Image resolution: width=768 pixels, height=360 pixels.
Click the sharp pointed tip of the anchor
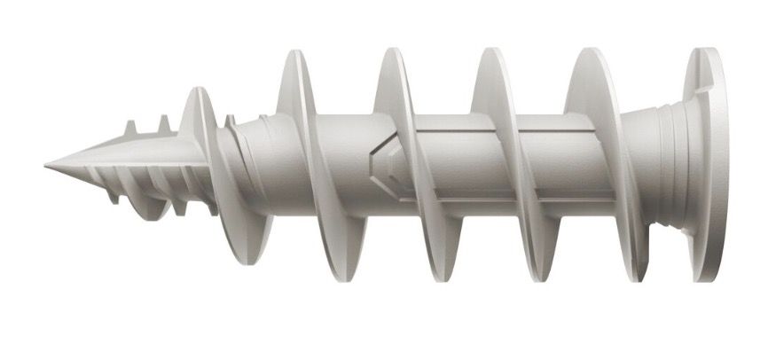click(x=46, y=165)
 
